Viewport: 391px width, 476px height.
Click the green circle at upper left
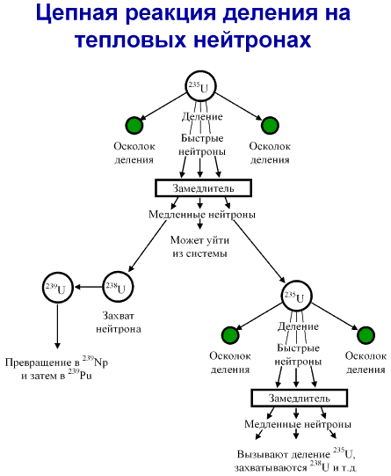pyautogui.click(x=134, y=125)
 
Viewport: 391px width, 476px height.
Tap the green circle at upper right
pyautogui.click(x=270, y=125)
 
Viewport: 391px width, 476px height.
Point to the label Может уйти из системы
pyautogui.click(x=199, y=246)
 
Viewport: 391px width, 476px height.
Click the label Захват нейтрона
pyautogui.click(x=119, y=322)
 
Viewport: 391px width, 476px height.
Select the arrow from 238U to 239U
pyautogui.click(x=89, y=287)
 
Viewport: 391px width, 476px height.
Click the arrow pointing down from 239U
pyautogui.click(x=58, y=326)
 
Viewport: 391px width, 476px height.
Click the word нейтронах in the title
pyautogui.click(x=252, y=40)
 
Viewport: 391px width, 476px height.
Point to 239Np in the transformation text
pyautogui.click(x=95, y=361)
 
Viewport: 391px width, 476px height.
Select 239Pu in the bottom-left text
pyautogui.click(x=80, y=374)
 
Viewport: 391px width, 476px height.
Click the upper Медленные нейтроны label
pyautogui.click(x=202, y=215)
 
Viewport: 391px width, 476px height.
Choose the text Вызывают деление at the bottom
pyautogui.click(x=284, y=454)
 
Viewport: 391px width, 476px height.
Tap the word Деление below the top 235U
pyautogui.click(x=202, y=116)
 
